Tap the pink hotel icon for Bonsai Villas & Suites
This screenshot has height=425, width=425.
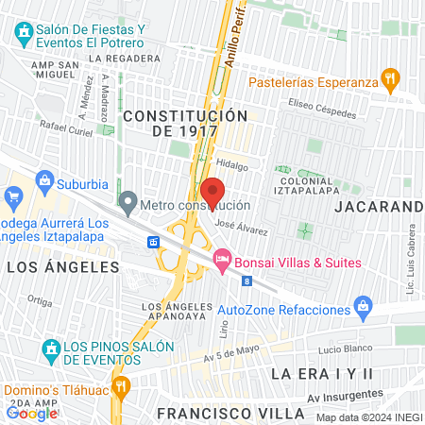coord(223,257)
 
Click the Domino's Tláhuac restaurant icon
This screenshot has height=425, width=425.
coord(120,386)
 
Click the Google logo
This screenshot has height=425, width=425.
coord(31,413)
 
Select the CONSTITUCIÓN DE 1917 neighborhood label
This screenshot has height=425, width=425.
coord(184,124)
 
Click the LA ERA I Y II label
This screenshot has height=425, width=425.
coord(322,374)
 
